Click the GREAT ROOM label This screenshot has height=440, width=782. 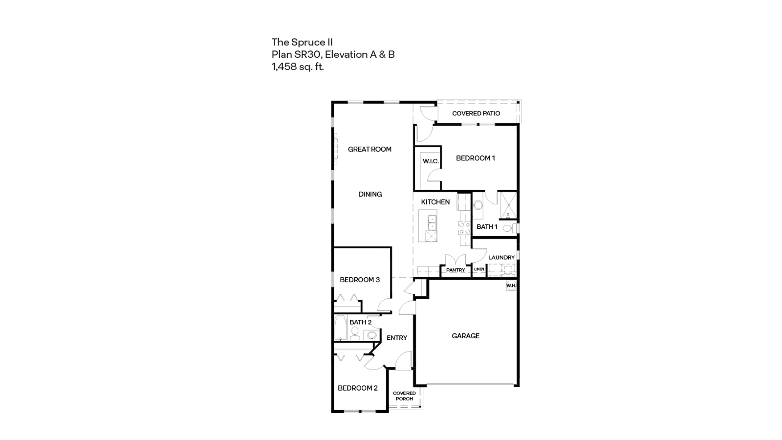coord(369,149)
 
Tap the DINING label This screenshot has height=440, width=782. coord(370,194)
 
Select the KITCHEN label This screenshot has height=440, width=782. coord(435,202)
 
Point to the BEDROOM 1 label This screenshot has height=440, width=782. coord(475,158)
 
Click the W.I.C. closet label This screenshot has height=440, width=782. coord(430,161)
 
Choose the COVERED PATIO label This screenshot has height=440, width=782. coord(476,113)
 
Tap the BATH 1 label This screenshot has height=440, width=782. coord(487,226)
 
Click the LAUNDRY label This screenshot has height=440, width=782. coord(501,257)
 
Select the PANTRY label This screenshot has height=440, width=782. coord(456,270)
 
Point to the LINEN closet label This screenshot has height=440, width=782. coord(479,269)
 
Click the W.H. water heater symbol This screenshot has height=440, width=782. coord(511,286)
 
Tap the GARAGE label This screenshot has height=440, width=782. coord(465,336)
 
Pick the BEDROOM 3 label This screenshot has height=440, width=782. coord(360,280)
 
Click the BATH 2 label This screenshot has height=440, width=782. coord(360,322)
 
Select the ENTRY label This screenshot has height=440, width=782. coord(396,338)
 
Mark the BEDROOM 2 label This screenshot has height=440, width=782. coord(358,388)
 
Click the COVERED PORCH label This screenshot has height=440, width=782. coord(404,396)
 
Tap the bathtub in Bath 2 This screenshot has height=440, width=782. coord(340,329)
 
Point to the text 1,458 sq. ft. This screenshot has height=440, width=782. coord(298,66)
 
